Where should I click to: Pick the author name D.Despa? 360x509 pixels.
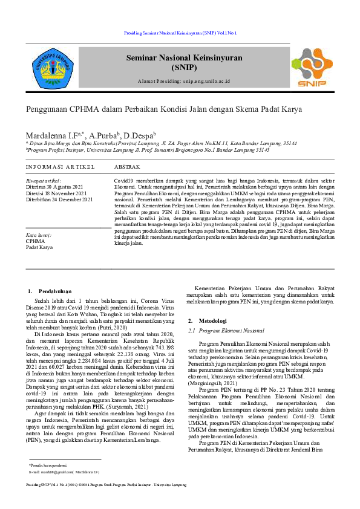pos(140,135)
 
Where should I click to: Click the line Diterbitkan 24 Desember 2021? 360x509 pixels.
pos(59,199)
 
